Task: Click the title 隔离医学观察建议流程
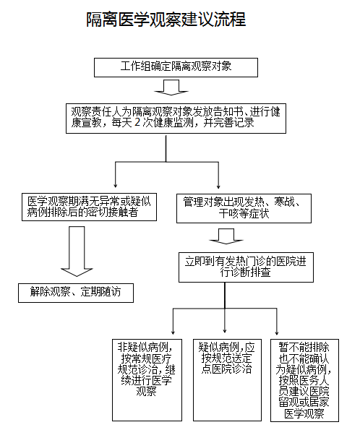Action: [x=166, y=20]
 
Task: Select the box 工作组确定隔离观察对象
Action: [x=176, y=67]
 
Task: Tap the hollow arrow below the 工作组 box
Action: [x=171, y=87]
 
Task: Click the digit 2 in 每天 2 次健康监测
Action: [x=137, y=122]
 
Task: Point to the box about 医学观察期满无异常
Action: [x=89, y=207]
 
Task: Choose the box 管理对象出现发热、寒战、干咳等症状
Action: [x=244, y=208]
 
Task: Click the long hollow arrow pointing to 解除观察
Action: [x=77, y=251]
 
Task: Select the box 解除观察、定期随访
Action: [x=76, y=293]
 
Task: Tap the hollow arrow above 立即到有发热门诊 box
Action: [x=226, y=236]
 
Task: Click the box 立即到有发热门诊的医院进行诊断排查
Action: [x=246, y=267]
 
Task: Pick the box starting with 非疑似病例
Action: [x=147, y=380]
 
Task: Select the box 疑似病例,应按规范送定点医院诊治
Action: [x=227, y=380]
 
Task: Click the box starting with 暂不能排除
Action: [x=304, y=380]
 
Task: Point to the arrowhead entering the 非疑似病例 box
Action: [x=173, y=332]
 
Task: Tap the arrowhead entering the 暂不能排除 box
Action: [x=277, y=333]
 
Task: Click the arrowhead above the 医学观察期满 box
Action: [x=115, y=186]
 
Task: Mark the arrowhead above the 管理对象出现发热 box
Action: [x=218, y=186]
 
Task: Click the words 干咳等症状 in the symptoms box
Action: [x=244, y=214]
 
